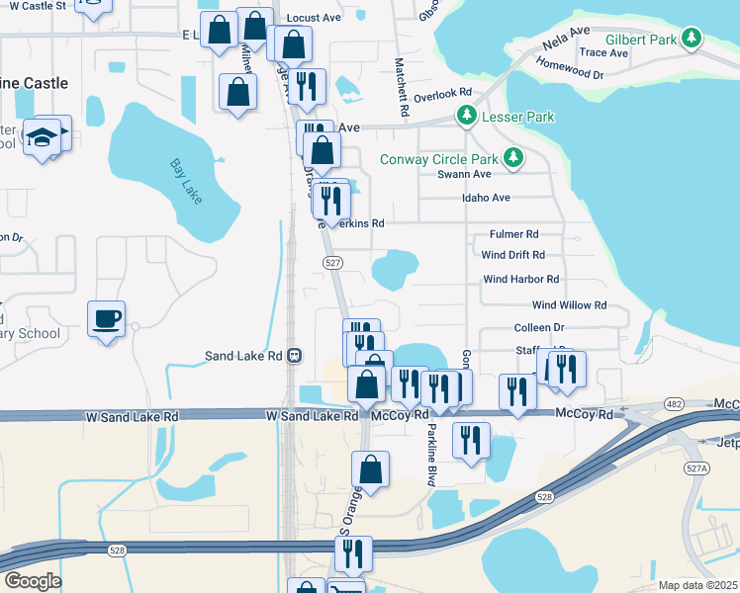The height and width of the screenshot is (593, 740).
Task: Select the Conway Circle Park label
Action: [x=441, y=158]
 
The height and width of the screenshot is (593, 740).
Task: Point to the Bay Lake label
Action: [x=185, y=181]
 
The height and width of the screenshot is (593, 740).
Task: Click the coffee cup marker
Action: [x=107, y=319]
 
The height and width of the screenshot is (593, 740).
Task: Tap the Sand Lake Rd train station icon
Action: [x=294, y=356]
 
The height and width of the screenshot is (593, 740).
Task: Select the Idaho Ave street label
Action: [x=486, y=198]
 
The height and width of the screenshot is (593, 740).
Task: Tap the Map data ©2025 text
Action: [x=697, y=585]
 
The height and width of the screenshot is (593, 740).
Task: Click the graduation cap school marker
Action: [x=45, y=136]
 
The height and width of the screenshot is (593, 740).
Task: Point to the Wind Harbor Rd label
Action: [x=520, y=280]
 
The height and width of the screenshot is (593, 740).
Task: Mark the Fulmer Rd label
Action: [x=513, y=234]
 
